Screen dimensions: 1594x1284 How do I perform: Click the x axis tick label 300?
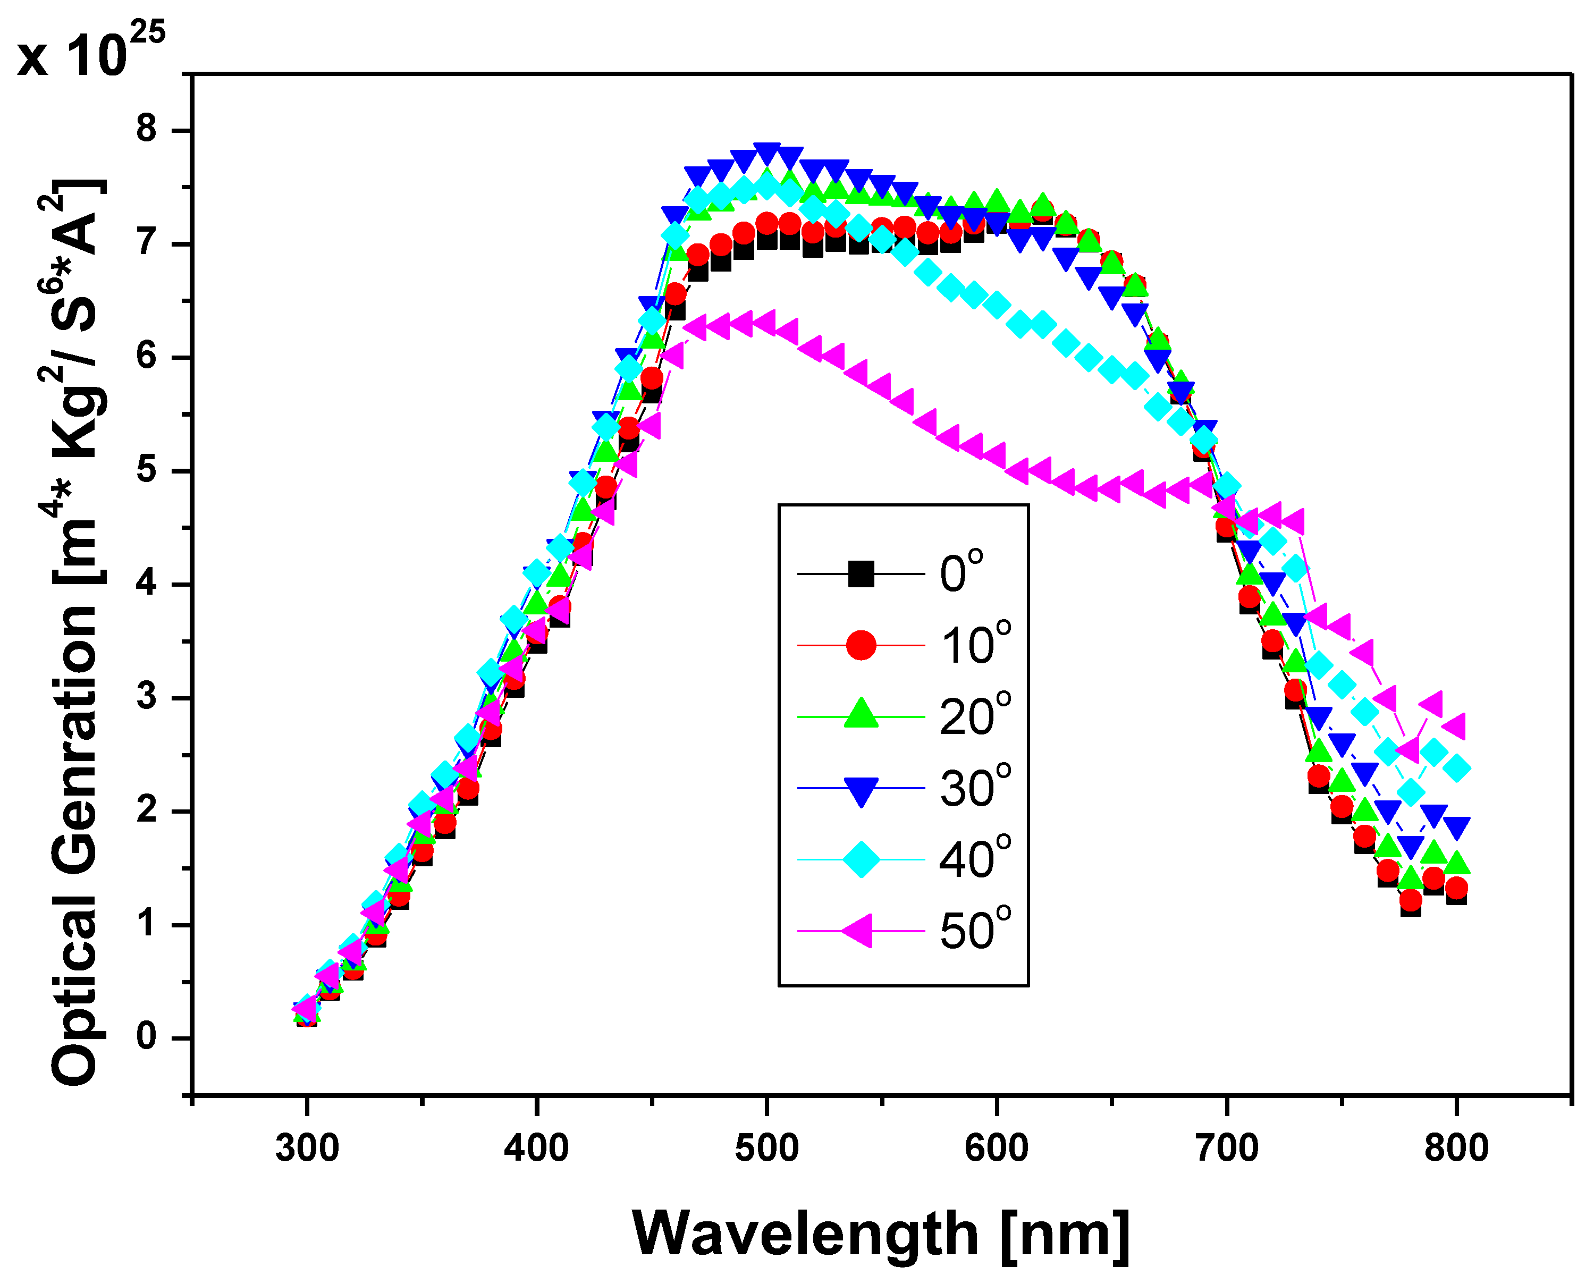tap(306, 1148)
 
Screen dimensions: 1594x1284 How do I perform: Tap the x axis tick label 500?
tap(766, 1148)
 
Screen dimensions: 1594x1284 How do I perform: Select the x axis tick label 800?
tap(1456, 1148)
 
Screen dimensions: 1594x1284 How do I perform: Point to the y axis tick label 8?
tap(147, 130)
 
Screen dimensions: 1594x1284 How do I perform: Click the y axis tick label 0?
tap(147, 1038)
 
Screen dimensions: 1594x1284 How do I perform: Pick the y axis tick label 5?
tap(147, 470)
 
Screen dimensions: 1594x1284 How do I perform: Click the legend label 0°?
tap(962, 572)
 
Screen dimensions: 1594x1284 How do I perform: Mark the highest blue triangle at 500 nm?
tap(767, 154)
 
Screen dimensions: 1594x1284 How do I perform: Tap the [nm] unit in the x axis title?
tap(1065, 1234)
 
